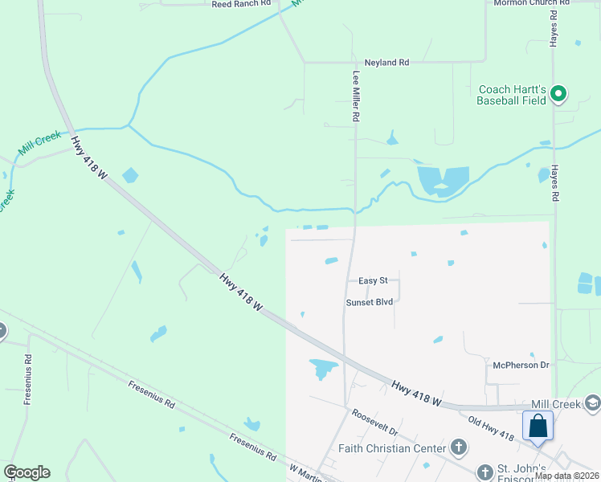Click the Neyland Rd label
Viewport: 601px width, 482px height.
pyautogui.click(x=386, y=62)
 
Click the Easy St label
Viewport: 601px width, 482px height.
pyautogui.click(x=373, y=280)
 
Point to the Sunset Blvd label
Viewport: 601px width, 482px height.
pyautogui.click(x=369, y=302)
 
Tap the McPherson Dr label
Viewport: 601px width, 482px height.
pyautogui.click(x=521, y=365)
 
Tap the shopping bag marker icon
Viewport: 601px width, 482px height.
pyautogui.click(x=538, y=426)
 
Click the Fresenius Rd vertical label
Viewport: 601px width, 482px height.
pyautogui.click(x=27, y=379)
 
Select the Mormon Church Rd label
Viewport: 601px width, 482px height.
pyautogui.click(x=529, y=3)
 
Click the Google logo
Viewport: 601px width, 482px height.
pyautogui.click(x=27, y=472)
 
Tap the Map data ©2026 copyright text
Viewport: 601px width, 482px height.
pyautogui.click(x=566, y=476)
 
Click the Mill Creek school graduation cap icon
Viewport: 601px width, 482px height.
pyautogui.click(x=593, y=403)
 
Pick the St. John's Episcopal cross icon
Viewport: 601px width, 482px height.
pyautogui.click(x=484, y=471)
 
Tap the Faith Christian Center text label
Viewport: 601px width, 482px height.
pyautogui.click(x=392, y=447)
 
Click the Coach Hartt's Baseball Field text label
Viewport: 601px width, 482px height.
pyautogui.click(x=511, y=95)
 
